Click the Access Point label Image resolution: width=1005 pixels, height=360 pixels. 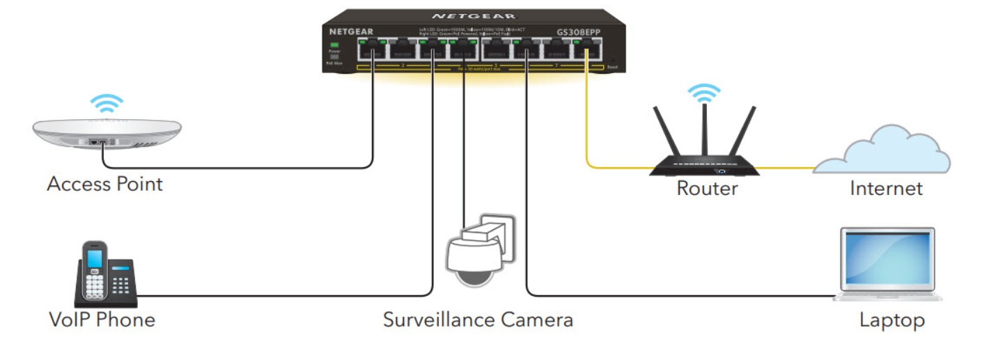pyautogui.click(x=104, y=185)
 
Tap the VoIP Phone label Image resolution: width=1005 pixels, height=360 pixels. pyautogui.click(x=102, y=320)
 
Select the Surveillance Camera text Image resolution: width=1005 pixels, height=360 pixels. pyautogui.click(x=478, y=320)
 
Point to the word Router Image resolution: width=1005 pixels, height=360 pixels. pyautogui.click(x=707, y=188)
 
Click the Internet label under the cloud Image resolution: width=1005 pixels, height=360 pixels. pyautogui.click(x=886, y=188)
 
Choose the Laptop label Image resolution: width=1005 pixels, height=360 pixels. pyautogui.click(x=891, y=320)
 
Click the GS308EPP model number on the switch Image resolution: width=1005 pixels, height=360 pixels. pyautogui.click(x=577, y=31)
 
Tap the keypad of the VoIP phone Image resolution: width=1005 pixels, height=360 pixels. pyautogui.click(x=120, y=284)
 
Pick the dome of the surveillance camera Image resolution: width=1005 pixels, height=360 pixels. pyautogui.click(x=472, y=261)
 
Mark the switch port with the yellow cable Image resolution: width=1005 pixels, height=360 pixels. pyautogui.click(x=586, y=51)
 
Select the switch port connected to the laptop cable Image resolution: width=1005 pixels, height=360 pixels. pyautogui.click(x=526, y=51)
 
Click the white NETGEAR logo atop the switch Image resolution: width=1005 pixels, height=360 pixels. pyautogui.click(x=474, y=15)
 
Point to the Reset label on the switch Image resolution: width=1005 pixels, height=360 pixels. pyautogui.click(x=612, y=67)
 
